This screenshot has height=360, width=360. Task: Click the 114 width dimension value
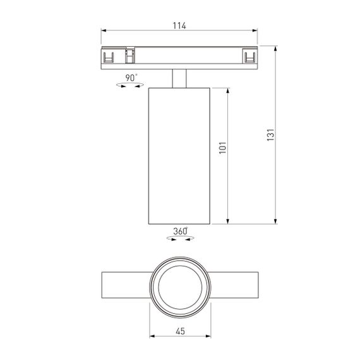click(x=179, y=26)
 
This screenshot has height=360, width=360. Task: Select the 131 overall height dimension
click(x=270, y=135)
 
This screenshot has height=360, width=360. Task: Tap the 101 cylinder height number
click(x=222, y=149)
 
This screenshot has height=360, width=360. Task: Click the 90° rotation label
click(x=131, y=78)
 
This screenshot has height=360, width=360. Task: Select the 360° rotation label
click(x=180, y=231)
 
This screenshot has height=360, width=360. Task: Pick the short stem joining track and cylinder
click(x=179, y=78)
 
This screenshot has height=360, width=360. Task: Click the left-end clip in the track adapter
click(x=109, y=57)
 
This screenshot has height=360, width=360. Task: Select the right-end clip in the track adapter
click(x=250, y=57)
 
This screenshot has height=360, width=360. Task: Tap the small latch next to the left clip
click(x=129, y=56)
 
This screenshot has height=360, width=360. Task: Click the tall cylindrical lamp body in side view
click(x=179, y=155)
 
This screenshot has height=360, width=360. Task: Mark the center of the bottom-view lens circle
click(x=179, y=287)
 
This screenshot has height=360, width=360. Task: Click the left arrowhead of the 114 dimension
click(x=104, y=30)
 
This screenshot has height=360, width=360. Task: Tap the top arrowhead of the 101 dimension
click(x=227, y=90)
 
